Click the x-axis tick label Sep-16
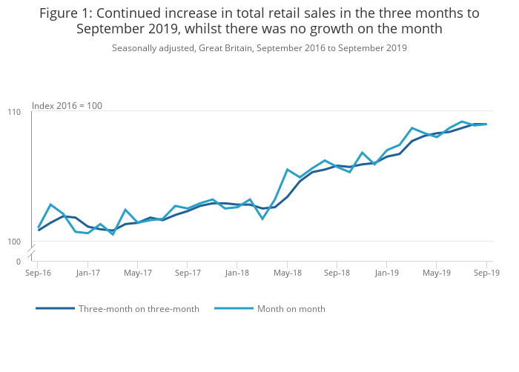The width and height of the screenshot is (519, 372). [38, 273]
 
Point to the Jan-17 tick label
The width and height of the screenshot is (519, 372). [88, 273]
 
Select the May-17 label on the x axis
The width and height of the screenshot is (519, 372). [138, 273]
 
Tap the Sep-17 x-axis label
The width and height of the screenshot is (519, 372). [188, 273]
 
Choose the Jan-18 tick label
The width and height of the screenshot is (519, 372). [237, 273]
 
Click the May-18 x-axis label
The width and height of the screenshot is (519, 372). [288, 273]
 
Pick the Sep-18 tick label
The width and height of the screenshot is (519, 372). [337, 273]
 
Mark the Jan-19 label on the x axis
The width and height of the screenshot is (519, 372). [387, 273]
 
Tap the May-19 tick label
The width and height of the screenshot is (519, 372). [437, 273]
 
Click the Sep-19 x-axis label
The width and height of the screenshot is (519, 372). [486, 273]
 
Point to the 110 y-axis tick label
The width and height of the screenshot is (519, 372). [15, 111]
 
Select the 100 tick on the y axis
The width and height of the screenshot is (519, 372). [15, 242]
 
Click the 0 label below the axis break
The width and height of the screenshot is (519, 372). [19, 262]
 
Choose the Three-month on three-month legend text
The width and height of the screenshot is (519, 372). [139, 309]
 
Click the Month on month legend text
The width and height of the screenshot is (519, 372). [291, 309]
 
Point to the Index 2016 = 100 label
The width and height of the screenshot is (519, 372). [67, 106]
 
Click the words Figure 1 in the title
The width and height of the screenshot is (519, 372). [65, 13]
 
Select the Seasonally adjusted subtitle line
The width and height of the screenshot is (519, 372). [259, 48]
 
